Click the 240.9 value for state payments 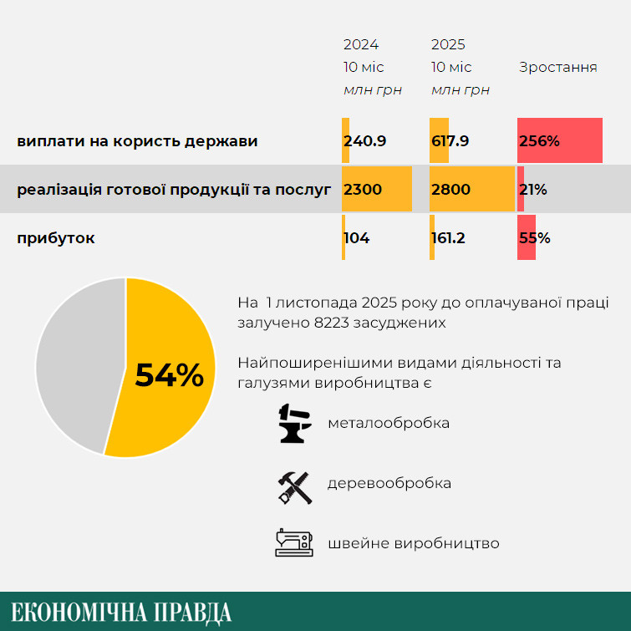(364, 141)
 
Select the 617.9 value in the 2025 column (450, 141)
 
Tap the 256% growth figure (539, 141)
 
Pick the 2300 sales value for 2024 (363, 190)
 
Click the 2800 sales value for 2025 (450, 190)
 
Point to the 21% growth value (533, 190)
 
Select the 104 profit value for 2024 (357, 238)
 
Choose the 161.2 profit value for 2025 (448, 238)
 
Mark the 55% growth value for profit (534, 238)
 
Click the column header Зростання (557, 68)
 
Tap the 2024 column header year (361, 45)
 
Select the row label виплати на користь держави (137, 141)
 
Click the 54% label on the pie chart (169, 375)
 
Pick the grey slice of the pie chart (75, 368)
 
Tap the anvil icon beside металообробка (294, 423)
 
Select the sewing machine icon (294, 543)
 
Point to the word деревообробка (389, 483)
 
